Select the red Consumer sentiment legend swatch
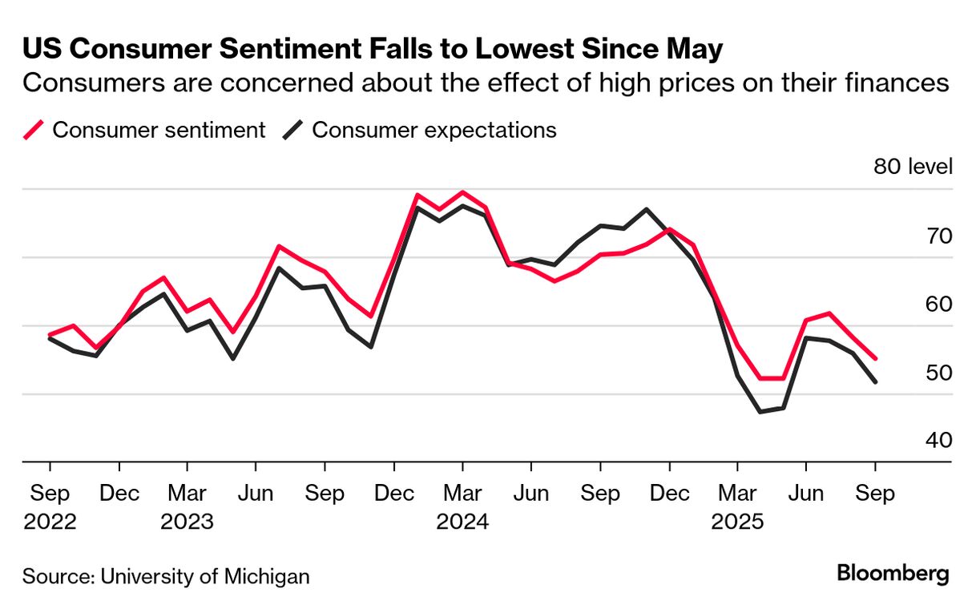coord(34,130)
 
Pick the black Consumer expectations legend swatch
coord(294,130)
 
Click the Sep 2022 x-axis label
coord(50,507)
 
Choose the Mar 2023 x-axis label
coord(187,507)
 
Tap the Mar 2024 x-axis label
coord(462,507)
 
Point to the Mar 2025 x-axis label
coord(737,507)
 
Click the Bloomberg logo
coord(893,574)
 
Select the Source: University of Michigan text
coord(166,576)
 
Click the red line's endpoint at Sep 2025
coord(875,358)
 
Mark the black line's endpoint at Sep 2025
coord(875,381)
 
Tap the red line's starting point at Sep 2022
coord(50,335)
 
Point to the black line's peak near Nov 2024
coord(646,209)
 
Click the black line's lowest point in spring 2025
coord(760,412)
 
